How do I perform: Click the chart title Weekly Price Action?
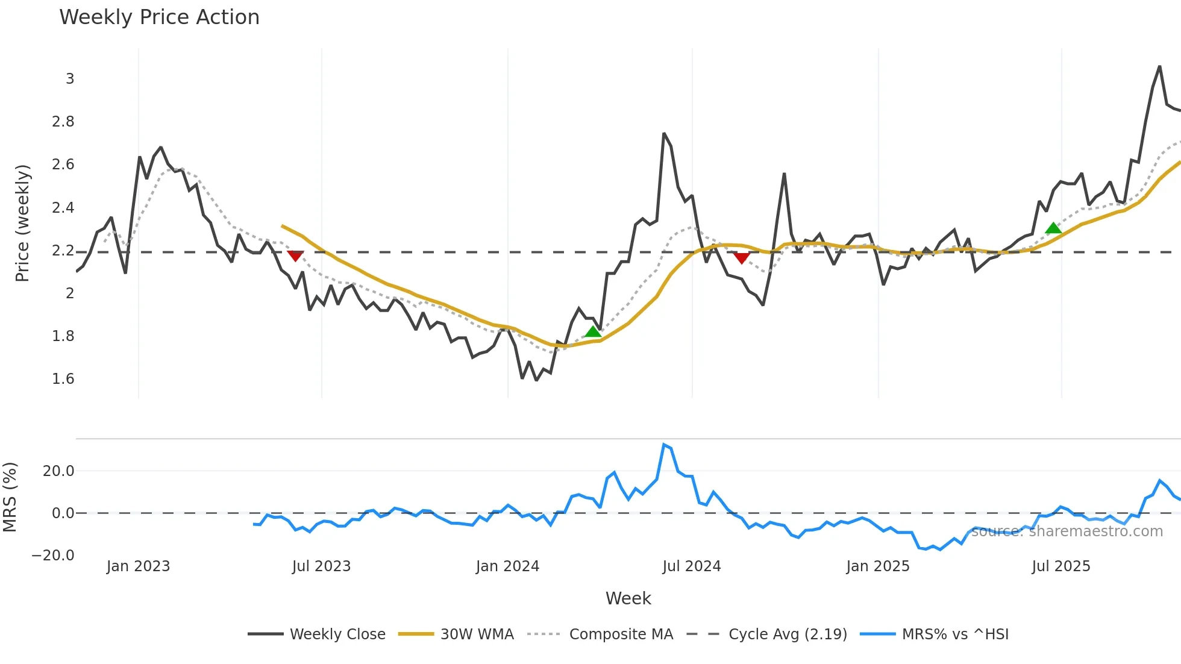[x=159, y=17]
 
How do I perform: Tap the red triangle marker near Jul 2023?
[x=295, y=256]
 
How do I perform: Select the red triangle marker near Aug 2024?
[x=742, y=258]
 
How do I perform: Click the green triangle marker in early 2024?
[x=593, y=331]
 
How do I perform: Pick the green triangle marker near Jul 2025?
[x=1053, y=228]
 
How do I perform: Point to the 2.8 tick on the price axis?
[x=63, y=122]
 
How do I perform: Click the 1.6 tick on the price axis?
[x=63, y=379]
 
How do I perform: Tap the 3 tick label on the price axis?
[x=70, y=79]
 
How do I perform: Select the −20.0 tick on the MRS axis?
[x=53, y=556]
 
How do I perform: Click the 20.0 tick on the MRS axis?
[x=58, y=471]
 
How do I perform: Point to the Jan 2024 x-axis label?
[x=507, y=566]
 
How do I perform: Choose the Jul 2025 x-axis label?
[x=1061, y=566]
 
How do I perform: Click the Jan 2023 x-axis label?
[x=138, y=566]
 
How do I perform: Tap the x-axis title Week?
[x=628, y=598]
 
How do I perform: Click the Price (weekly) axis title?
[x=22, y=223]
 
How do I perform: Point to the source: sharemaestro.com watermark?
[x=1067, y=531]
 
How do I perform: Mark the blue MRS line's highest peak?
[x=663, y=445]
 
